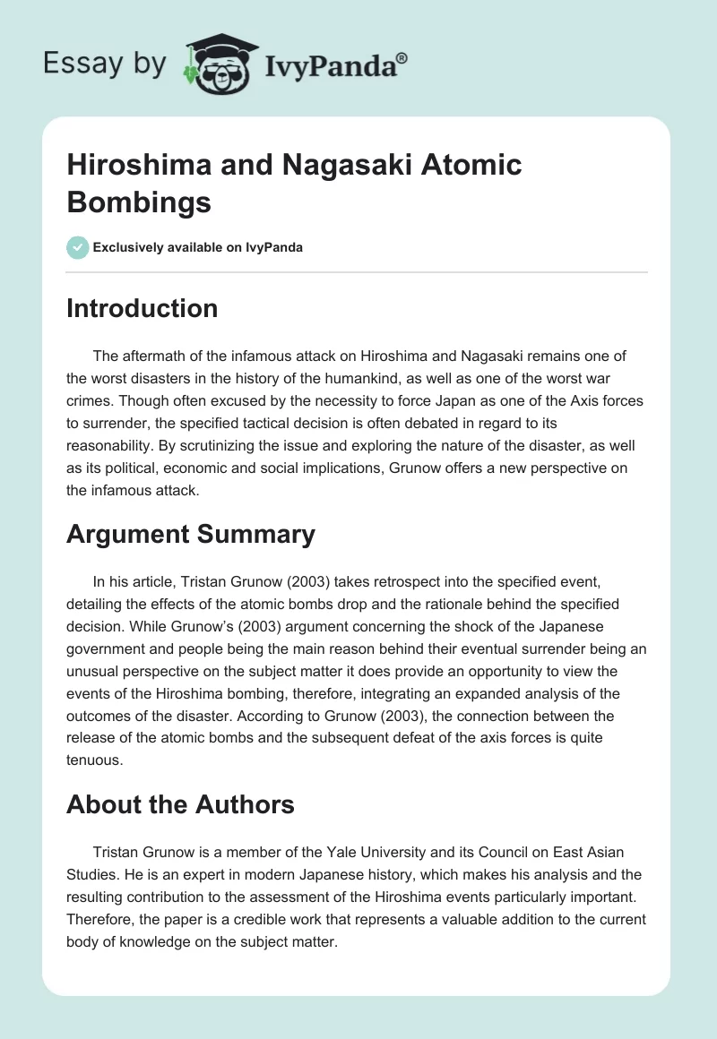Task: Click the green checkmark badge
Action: point(77,247)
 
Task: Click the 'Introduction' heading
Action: point(143,308)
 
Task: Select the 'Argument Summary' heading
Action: point(190,535)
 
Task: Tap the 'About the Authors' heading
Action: point(180,804)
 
